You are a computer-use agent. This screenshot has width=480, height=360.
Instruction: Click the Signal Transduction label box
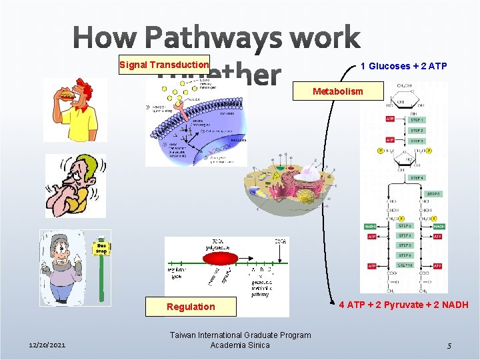pyautogui.click(x=164, y=65)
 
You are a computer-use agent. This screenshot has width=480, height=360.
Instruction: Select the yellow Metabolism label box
pyautogui.click(x=339, y=91)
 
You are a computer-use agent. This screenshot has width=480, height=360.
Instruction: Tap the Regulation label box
pyautogui.click(x=191, y=307)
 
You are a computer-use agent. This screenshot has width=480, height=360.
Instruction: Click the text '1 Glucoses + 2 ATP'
pyautogui.click(x=403, y=66)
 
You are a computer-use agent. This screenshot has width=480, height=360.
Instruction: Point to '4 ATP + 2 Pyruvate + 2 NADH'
pyautogui.click(x=403, y=305)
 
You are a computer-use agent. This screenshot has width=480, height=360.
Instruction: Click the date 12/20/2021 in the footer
pyautogui.click(x=47, y=345)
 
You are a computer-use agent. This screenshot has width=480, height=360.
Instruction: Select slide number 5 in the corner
pyautogui.click(x=449, y=346)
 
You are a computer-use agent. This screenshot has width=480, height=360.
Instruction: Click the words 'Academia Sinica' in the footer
pyautogui.click(x=240, y=345)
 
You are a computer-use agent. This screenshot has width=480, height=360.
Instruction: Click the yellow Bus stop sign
pyautogui.click(x=101, y=247)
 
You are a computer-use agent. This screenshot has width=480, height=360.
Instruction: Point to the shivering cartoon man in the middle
pyautogui.click(x=75, y=186)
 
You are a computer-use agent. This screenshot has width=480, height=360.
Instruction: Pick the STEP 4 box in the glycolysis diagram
pyautogui.click(x=416, y=178)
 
